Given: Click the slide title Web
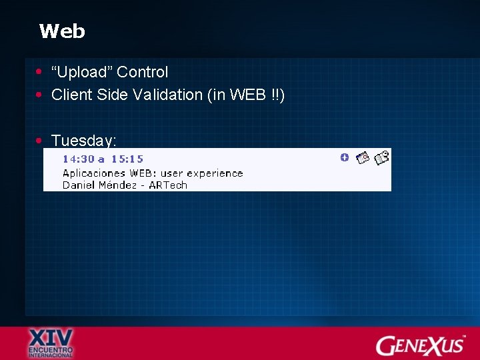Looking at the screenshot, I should tap(62, 31).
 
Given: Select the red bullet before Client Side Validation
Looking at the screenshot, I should tap(40, 95).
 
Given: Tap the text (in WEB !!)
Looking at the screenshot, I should tap(247, 95).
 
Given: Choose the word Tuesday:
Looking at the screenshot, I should tap(84, 141).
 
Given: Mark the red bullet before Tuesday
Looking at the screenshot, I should tap(40, 141).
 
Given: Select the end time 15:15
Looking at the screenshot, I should tap(127, 159).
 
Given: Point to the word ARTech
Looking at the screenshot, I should tap(168, 185).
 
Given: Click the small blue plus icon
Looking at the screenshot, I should tap(344, 157).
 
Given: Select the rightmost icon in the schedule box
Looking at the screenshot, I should tap(381, 158).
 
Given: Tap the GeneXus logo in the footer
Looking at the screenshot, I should tap(421, 345).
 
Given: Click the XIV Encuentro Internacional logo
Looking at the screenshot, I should tap(51, 343).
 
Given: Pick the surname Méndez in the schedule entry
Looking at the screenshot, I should tap(117, 185).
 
